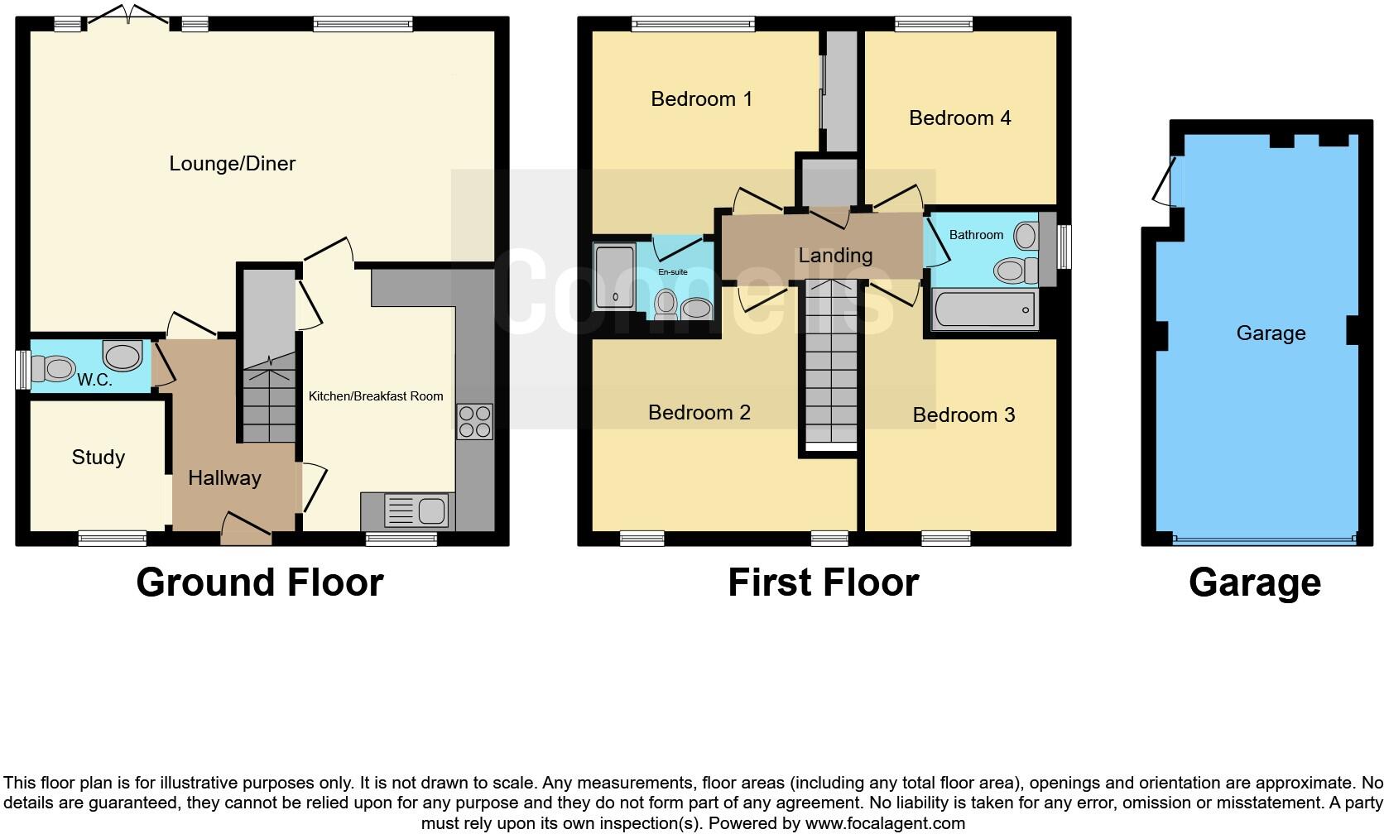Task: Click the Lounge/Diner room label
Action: point(232,164)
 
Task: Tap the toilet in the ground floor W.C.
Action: point(55,368)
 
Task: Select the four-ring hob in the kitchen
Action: point(475,421)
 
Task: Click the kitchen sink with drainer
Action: point(416,510)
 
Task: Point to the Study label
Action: point(98,458)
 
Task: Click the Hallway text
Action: point(224,478)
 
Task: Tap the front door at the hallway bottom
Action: point(247,528)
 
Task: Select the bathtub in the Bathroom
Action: point(984,310)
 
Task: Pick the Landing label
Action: point(835,256)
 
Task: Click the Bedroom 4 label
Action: point(959,118)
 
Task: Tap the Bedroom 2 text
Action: point(699,413)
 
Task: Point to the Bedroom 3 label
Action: point(964,415)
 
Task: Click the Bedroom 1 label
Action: point(701,99)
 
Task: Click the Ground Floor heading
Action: point(259,582)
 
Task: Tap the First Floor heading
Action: point(823,582)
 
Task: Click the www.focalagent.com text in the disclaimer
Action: point(885,823)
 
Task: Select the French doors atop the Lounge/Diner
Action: point(128,14)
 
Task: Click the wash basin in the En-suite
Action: point(696,309)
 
